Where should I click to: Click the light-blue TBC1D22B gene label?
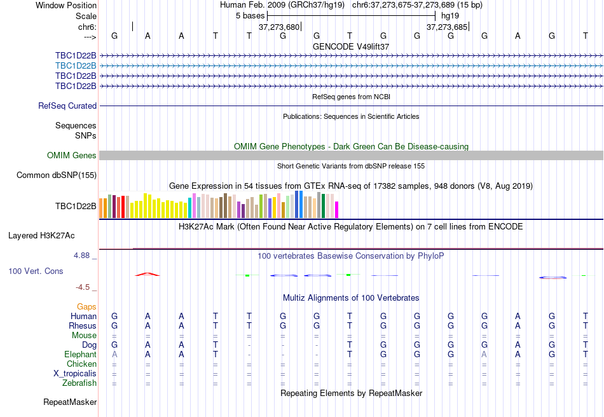point(76,65)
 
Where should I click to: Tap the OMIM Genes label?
point(72,156)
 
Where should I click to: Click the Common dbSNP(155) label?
point(57,175)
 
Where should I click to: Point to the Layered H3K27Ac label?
point(41,236)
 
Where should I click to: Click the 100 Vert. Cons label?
point(36,271)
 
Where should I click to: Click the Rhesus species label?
point(83,326)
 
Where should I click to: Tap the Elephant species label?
point(80,355)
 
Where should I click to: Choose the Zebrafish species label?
point(79,383)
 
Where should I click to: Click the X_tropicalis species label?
point(75,374)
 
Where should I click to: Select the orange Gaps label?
point(86,307)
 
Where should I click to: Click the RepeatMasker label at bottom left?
point(70,402)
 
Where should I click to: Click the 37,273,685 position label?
point(447,27)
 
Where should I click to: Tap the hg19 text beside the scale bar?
point(450,15)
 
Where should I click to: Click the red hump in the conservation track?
point(147,274)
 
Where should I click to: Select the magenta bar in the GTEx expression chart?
point(337,210)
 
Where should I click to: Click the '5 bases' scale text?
point(250,15)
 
